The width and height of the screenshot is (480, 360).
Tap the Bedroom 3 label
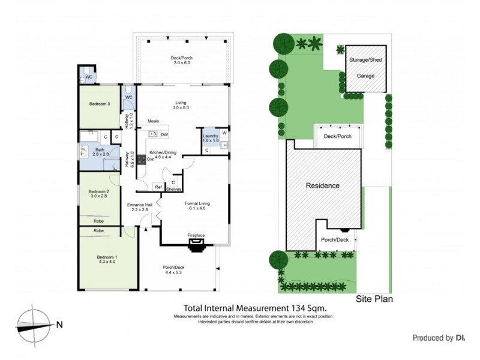tap(100, 104)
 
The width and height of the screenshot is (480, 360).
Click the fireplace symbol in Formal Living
tap(196, 243)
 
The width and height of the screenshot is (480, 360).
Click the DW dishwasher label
tap(164, 134)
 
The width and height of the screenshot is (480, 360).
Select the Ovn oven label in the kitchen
tap(151, 160)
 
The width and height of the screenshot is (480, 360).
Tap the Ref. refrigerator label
tap(158, 187)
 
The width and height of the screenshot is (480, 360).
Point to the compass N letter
tap(59, 326)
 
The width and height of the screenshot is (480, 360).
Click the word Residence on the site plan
tap(323, 185)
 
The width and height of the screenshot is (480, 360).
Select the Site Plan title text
tap(374, 298)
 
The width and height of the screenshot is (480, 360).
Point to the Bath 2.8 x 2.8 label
tap(100, 151)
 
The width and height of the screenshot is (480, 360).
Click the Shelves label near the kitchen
tap(174, 189)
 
